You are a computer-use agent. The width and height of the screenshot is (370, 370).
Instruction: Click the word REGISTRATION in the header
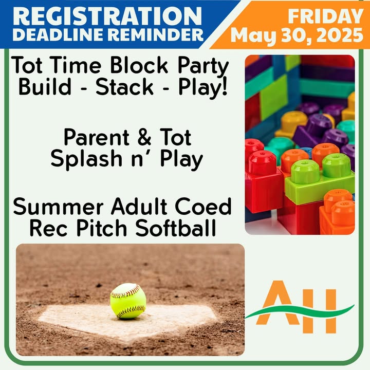(107, 16)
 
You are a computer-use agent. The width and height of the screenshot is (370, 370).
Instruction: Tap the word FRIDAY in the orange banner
(325, 16)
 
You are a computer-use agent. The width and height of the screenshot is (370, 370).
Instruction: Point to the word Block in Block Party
(139, 65)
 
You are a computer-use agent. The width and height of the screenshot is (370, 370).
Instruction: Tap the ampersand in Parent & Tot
(144, 137)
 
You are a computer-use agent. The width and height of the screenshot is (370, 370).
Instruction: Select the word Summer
(58, 207)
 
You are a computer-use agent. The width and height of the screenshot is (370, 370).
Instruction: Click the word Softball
(176, 228)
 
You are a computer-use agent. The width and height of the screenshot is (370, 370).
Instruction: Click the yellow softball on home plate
(128, 301)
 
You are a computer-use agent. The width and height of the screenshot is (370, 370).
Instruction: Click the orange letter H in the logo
(320, 311)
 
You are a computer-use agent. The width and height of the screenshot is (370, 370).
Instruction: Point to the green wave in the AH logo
(300, 312)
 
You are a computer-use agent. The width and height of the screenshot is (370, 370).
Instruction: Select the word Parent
(97, 137)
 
